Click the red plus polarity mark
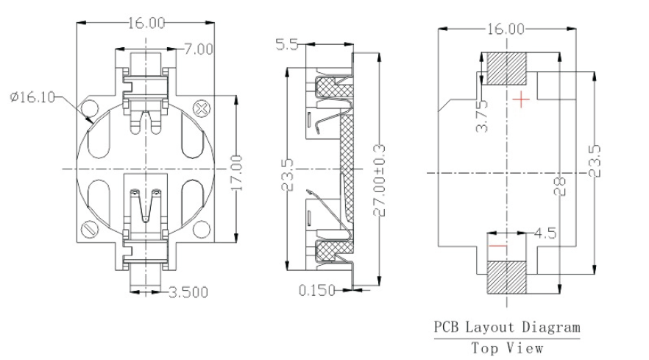point(522,99)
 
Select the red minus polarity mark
point(498,246)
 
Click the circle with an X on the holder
point(200,109)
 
